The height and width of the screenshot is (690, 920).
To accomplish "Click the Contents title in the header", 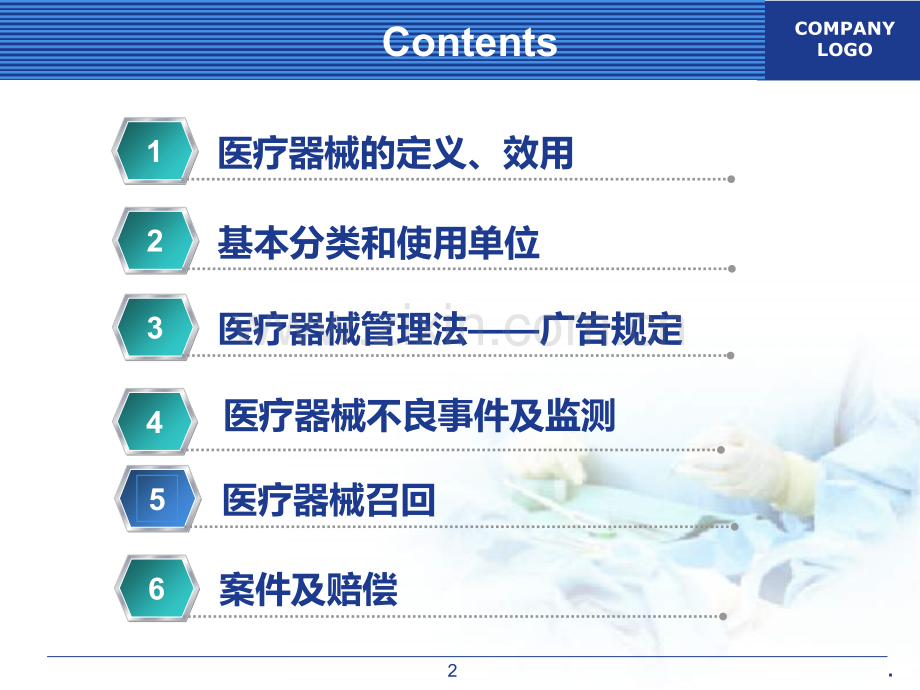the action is coord(469,42).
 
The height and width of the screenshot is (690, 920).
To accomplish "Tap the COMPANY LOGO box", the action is coord(843,40).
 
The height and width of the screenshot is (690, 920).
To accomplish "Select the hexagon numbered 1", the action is coord(154,151).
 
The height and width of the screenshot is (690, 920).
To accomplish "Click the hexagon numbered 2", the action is coord(155,241).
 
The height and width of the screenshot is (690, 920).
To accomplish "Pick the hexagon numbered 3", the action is coord(155,327).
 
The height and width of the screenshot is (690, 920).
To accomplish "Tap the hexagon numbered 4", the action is coord(155,421).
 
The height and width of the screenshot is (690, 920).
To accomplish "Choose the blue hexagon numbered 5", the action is coord(157,499).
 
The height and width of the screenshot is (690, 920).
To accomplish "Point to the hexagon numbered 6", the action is coord(156,588).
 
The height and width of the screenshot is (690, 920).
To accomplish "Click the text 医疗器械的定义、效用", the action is coord(395,153).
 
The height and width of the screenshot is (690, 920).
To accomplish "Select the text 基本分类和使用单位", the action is coord(378,243).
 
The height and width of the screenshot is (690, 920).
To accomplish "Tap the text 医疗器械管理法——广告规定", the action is coord(451,329).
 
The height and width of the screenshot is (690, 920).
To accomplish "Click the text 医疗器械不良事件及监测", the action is coord(419,415).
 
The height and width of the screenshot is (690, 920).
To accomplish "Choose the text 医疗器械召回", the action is coord(329,500).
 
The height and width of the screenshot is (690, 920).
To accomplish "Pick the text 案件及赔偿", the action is coord(308,590).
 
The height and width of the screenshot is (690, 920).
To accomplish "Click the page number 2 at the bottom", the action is coord(452,671).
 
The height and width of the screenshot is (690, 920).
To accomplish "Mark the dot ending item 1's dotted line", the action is coord(731,179).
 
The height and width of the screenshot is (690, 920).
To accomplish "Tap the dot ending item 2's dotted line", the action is coord(732,269).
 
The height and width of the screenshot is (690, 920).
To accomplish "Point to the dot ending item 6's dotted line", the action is coord(723,616).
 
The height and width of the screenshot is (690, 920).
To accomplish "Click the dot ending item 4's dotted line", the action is coord(721,450).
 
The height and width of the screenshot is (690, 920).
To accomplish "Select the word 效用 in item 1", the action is coord(538,153).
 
